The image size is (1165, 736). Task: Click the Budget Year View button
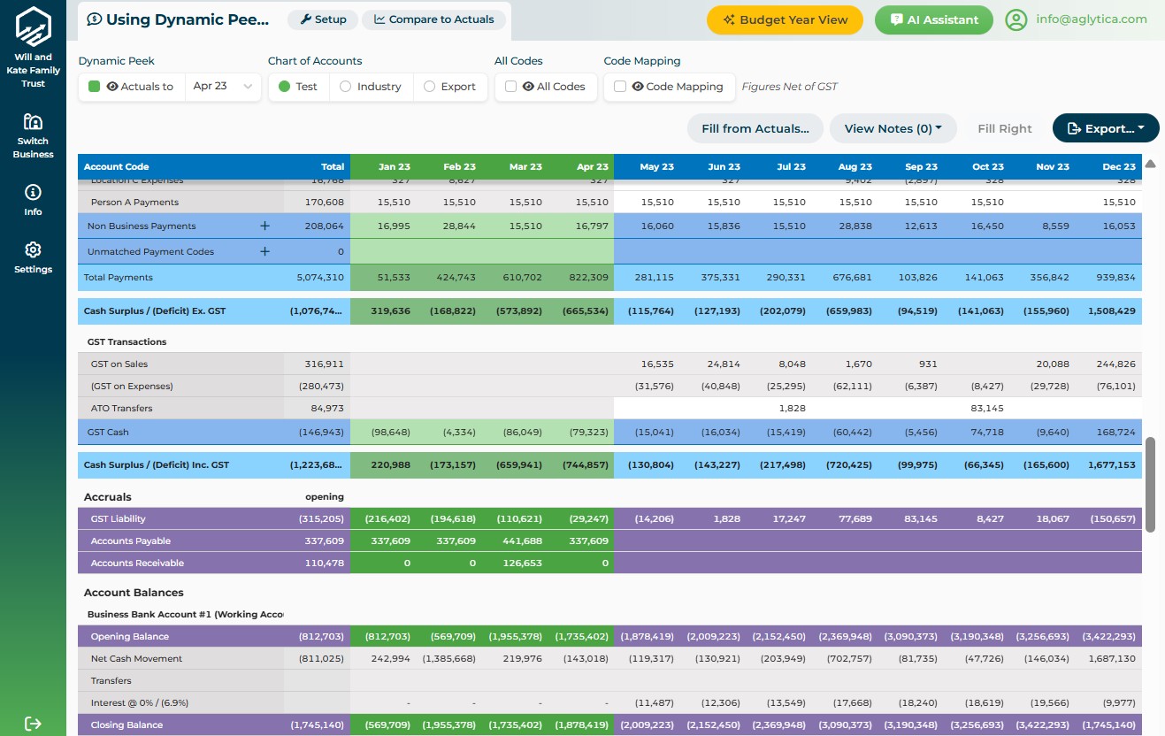(785, 19)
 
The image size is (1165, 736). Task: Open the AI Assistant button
(933, 19)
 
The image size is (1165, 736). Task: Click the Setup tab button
(323, 19)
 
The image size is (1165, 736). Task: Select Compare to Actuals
(433, 19)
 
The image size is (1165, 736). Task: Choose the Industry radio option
(346, 87)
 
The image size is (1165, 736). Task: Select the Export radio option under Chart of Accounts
(430, 87)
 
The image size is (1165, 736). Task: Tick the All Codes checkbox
(511, 87)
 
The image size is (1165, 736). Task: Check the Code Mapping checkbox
(620, 87)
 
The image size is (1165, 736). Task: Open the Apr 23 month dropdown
(223, 87)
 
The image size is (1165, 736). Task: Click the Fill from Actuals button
(755, 128)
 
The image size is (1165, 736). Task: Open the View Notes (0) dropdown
(892, 128)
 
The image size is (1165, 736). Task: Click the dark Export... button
(1105, 128)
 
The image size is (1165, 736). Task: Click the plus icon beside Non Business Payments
(264, 226)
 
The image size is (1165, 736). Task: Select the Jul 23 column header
(790, 166)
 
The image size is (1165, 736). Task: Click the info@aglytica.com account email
(1091, 19)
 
